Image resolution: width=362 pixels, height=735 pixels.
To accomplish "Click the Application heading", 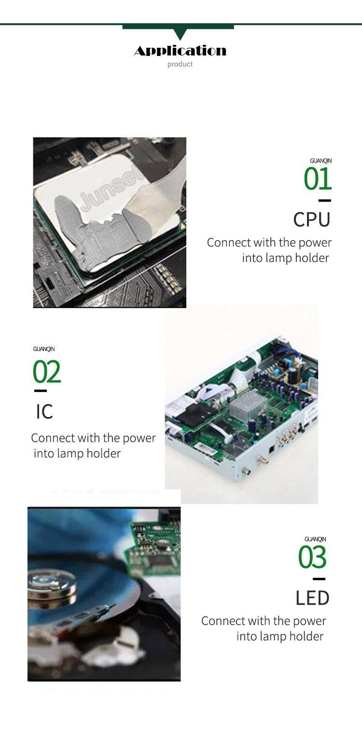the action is coord(180,51).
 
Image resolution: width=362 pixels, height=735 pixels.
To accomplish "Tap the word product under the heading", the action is coord(180,64).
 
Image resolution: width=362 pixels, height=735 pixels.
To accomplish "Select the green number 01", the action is coord(317,179).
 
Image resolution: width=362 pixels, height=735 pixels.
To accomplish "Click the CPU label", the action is coord(312,219).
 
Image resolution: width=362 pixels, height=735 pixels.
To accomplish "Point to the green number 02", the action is coord(47,371).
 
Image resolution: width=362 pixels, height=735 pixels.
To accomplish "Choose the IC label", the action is coord(44,411).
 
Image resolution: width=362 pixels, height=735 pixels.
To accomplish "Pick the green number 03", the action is coord(312,557).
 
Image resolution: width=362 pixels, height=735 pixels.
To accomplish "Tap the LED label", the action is coord(312,598).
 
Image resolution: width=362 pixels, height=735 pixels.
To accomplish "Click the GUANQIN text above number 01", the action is coord(320,161).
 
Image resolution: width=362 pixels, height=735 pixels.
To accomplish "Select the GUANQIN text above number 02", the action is coord(44,349).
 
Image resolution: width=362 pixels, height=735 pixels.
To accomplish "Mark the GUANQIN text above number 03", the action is coord(315,539).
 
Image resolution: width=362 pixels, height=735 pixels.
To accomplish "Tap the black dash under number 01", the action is coord(324,200).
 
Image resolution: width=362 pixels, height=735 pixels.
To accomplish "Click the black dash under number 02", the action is coord(41,391).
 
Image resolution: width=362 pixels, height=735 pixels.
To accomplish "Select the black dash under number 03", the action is coord(319,579).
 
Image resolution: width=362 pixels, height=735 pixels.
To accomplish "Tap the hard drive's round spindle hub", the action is coord(52,584).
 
